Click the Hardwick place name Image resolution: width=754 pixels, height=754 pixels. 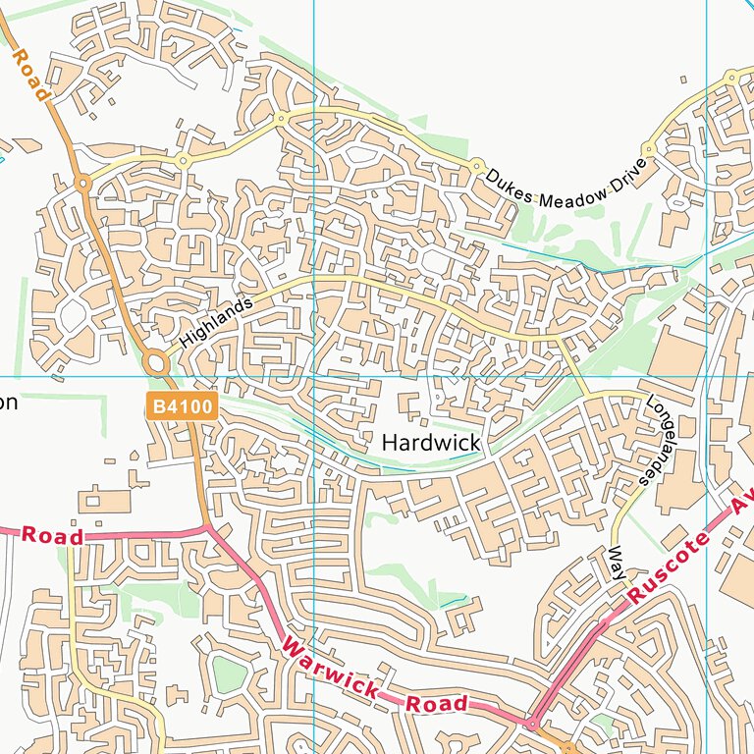(x=431, y=443)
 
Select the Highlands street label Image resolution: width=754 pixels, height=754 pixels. (x=216, y=322)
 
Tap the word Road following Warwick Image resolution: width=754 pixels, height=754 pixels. (x=437, y=704)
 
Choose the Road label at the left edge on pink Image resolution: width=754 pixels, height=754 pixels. (x=52, y=535)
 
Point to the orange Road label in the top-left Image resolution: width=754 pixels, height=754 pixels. (x=29, y=76)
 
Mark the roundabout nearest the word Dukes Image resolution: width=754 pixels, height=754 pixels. (x=476, y=165)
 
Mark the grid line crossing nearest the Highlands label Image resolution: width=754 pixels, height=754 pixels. (x=313, y=376)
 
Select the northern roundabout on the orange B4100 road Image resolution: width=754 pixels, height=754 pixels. (x=83, y=182)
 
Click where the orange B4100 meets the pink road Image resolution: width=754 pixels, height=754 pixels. (x=208, y=527)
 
